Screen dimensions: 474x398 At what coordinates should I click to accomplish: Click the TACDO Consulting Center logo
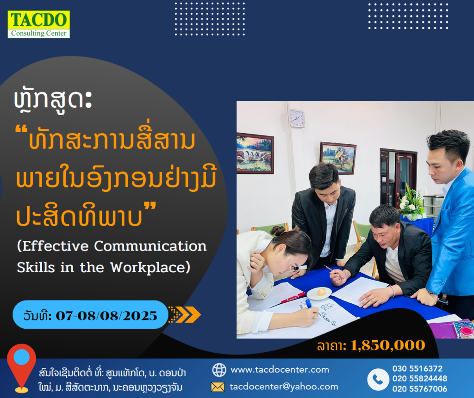click(39, 24)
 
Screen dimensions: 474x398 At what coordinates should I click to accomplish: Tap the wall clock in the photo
click(297, 118)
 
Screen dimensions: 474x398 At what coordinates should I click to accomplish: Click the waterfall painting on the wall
click(255, 153)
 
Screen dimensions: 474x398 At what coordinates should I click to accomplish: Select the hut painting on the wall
click(338, 158)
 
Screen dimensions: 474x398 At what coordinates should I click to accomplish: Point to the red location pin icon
click(21, 368)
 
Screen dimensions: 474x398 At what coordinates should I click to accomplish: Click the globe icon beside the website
click(219, 370)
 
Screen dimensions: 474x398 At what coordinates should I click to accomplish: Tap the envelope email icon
click(218, 387)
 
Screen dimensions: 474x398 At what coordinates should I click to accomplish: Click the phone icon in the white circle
click(378, 379)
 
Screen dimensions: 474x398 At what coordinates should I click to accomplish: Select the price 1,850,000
click(388, 345)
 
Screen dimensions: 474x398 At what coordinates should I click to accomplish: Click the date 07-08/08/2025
click(106, 316)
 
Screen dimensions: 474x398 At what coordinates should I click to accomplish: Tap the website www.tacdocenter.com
click(280, 370)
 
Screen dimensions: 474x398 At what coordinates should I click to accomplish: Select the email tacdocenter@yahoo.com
click(284, 387)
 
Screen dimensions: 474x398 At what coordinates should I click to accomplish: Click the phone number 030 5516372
click(417, 368)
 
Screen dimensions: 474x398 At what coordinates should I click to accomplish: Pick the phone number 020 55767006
click(419, 389)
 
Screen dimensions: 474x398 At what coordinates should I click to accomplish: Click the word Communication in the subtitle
click(150, 246)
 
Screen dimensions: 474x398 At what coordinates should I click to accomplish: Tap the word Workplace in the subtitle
click(148, 268)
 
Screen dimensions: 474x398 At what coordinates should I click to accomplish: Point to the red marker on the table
click(293, 298)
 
